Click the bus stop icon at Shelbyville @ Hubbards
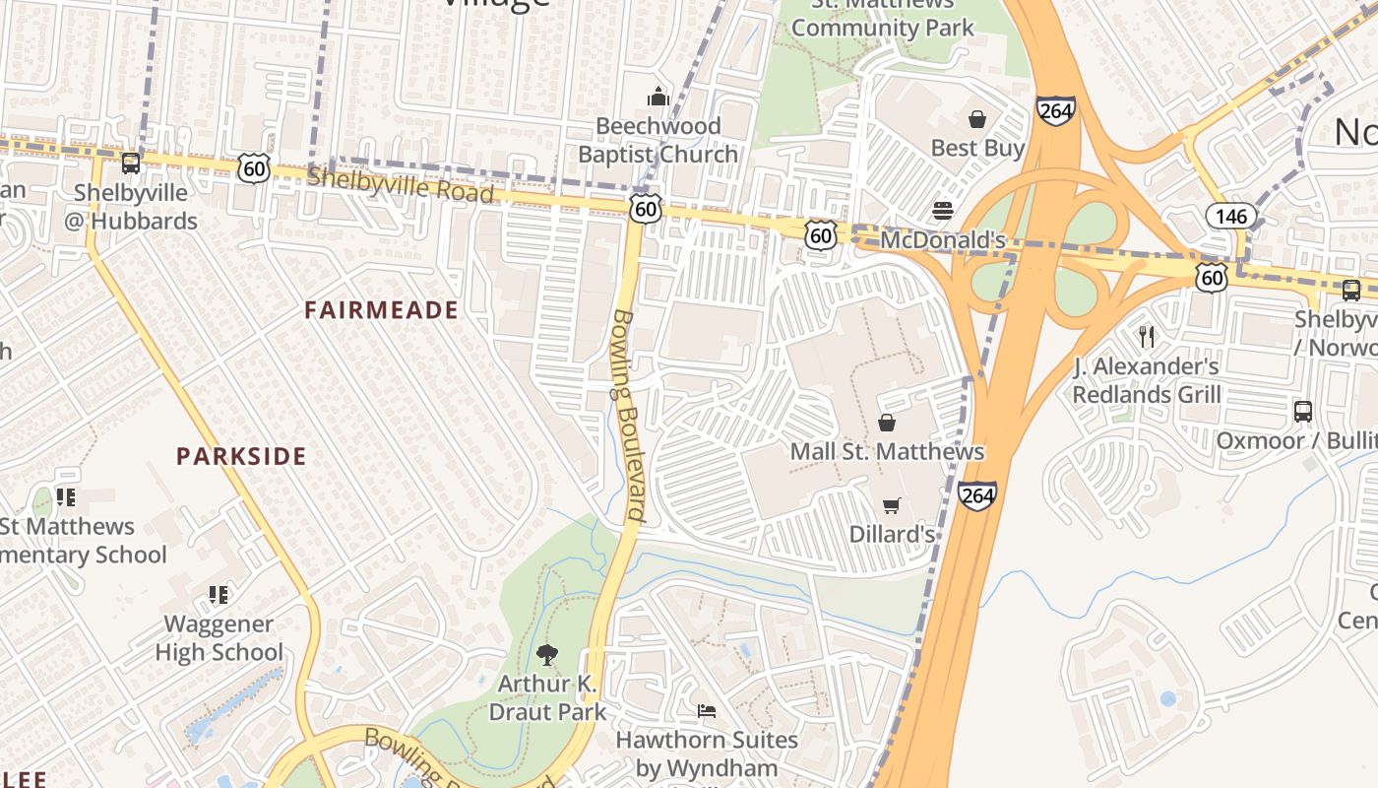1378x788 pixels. point(130,164)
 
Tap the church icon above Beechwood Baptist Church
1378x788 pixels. point(658,97)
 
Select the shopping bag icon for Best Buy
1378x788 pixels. point(977,119)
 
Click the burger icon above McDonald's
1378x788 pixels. point(943,211)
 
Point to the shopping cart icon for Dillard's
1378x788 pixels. point(892,505)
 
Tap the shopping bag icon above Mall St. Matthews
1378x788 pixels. point(886,423)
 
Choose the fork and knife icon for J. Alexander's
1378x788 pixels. point(1146,337)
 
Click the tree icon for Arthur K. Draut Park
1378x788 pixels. point(546,655)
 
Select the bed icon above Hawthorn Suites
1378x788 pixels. point(706,710)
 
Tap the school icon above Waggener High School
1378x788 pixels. point(219,595)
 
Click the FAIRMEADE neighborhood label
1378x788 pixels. point(381,311)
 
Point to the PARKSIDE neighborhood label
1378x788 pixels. point(241,456)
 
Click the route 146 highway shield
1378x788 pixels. point(1230,217)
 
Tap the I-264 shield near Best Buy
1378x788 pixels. point(1054,110)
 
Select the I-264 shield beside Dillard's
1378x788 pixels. point(977,495)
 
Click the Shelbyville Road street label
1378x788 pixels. point(400,185)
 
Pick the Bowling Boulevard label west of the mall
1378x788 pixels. point(628,416)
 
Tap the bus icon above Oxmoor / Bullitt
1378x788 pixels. point(1303,411)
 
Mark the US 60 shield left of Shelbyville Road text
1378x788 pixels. point(254,168)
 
